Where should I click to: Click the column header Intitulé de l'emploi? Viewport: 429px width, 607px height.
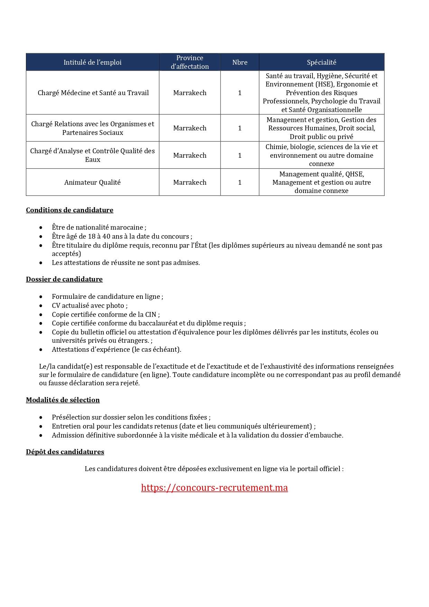coord(92,62)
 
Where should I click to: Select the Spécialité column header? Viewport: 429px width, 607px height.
coord(321,62)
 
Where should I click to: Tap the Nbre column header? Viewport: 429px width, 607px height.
coord(240,62)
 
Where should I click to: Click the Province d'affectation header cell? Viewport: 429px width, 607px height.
coord(190,62)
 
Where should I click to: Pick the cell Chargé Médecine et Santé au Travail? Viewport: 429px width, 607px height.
coord(93,93)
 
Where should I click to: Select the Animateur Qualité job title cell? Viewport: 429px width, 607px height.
coord(92,182)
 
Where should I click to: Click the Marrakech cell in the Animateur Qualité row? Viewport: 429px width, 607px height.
coord(190,182)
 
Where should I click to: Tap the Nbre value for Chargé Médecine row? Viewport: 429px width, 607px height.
coord(240,93)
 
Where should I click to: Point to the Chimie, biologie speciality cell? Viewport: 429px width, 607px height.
coord(321,155)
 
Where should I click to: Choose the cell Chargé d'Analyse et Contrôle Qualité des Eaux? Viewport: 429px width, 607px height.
coord(92,155)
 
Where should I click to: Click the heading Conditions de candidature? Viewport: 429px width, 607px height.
coord(69,210)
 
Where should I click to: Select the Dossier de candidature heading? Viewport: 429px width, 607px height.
coord(64,279)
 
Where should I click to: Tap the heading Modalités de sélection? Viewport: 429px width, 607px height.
coord(63,400)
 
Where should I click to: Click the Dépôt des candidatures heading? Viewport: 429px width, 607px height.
coord(65,452)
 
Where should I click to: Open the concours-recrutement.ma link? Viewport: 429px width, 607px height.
coord(214,488)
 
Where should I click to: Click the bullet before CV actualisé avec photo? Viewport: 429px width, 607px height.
coord(41,306)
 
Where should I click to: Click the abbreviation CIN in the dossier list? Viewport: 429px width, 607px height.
coord(151,314)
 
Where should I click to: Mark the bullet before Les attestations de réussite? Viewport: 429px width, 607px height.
coord(41,263)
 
